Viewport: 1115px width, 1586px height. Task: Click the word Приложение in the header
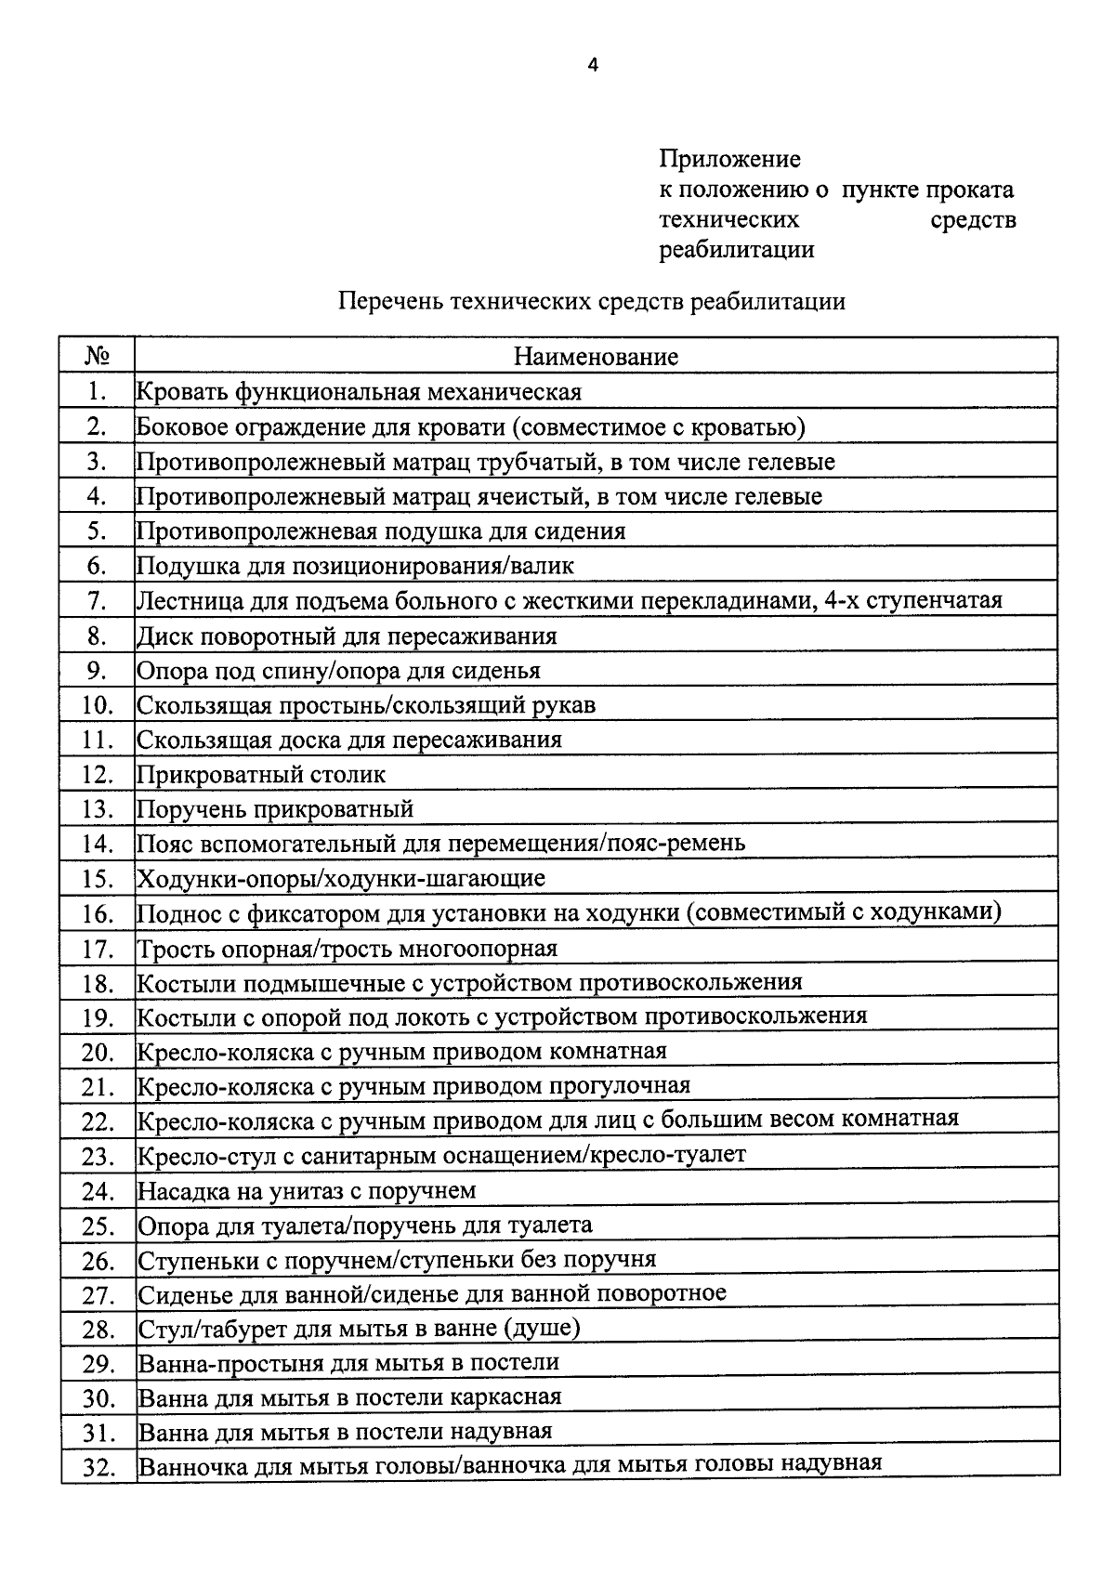tap(729, 160)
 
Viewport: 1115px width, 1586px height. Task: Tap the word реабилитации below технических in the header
tap(736, 249)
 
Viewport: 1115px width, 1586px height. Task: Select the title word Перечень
tap(389, 301)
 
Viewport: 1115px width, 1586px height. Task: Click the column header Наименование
tap(596, 357)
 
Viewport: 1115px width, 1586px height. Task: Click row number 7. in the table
tap(97, 602)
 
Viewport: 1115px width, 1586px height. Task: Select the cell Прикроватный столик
tap(261, 775)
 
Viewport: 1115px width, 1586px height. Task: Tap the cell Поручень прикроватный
tap(275, 809)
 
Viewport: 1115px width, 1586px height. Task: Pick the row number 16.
tap(97, 914)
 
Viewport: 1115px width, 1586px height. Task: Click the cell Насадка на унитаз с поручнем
tap(307, 1191)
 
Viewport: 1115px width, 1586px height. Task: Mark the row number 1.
tap(97, 392)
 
